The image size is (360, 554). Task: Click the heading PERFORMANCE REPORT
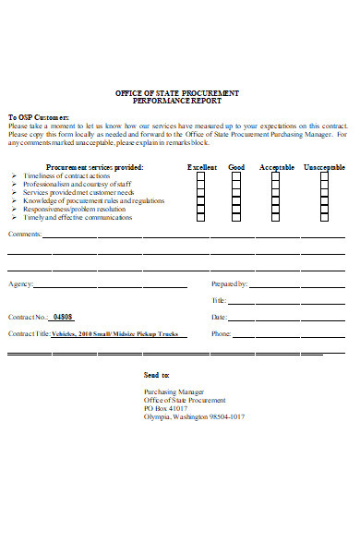click(176, 102)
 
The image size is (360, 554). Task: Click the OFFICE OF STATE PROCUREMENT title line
click(176, 93)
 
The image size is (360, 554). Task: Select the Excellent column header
click(202, 167)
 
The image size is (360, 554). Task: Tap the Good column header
click(236, 167)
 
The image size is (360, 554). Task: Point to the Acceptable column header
click(276, 167)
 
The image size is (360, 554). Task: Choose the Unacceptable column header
click(324, 167)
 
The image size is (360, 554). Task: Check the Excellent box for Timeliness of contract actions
click(201, 175)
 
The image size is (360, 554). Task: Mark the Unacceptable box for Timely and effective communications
click(324, 218)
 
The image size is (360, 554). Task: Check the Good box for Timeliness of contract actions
click(236, 175)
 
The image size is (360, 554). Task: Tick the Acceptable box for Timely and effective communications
click(274, 218)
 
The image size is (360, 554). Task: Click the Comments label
click(24, 235)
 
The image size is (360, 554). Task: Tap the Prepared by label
click(229, 283)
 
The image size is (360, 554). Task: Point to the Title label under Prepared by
click(219, 300)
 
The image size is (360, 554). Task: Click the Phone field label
click(221, 333)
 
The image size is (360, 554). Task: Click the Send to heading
click(157, 376)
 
